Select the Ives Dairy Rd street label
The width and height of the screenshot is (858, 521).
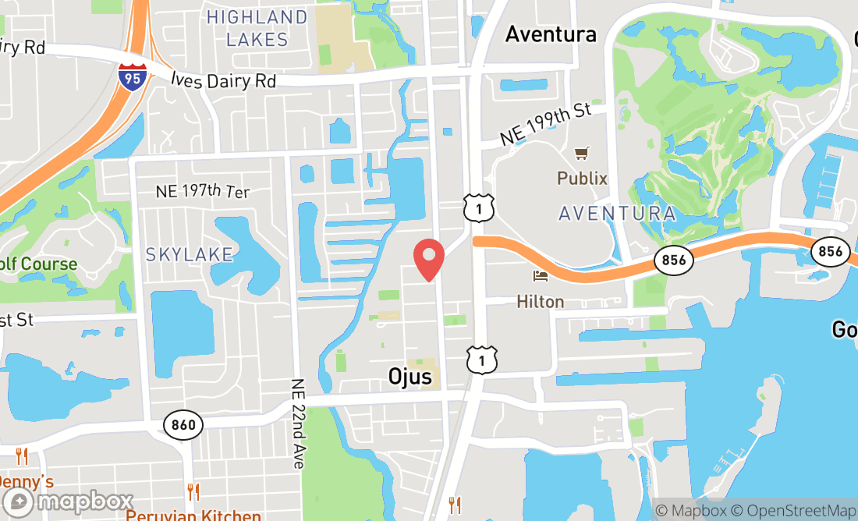coord(222,80)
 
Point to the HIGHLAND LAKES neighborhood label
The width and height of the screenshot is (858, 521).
coord(257,28)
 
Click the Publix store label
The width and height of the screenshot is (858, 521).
coord(582,179)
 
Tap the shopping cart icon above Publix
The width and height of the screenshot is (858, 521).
coord(581,154)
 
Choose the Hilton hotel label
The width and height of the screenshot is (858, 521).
coord(540,301)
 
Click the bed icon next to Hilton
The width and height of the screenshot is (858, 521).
coord(540,276)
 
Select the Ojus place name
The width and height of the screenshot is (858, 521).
coord(409,377)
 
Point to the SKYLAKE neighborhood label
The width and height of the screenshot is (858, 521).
coord(190,254)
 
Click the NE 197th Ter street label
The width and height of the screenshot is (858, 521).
coord(203,191)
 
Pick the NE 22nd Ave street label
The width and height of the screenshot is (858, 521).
coord(297,424)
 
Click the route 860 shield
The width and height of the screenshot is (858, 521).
coord(184,425)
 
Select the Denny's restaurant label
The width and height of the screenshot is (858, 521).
coord(26,481)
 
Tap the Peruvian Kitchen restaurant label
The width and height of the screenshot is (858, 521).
coord(193,516)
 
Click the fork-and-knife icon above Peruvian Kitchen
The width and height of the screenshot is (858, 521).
coord(193,492)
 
